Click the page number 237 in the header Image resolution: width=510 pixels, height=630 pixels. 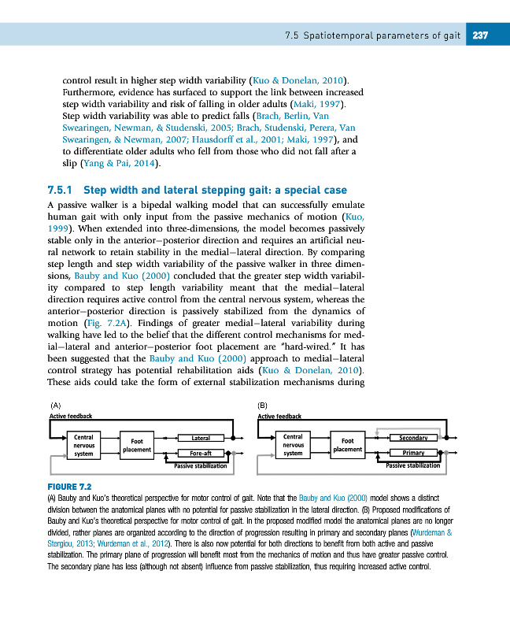(480, 35)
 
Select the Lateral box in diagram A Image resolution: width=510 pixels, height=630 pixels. (200, 437)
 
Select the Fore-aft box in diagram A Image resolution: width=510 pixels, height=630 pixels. (200, 453)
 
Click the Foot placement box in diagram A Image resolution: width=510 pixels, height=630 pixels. (136, 445)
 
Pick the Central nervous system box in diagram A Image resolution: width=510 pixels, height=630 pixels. (83, 445)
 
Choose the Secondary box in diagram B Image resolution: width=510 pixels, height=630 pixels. (413, 437)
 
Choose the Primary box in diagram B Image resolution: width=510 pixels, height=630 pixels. (413, 453)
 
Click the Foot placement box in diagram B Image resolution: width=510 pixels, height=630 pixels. (347, 445)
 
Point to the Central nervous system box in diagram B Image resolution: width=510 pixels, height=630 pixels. (293, 445)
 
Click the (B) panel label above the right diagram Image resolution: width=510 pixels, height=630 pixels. (264, 405)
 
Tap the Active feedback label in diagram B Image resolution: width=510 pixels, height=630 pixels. (279, 416)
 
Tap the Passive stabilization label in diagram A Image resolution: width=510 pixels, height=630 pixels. (201, 466)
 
